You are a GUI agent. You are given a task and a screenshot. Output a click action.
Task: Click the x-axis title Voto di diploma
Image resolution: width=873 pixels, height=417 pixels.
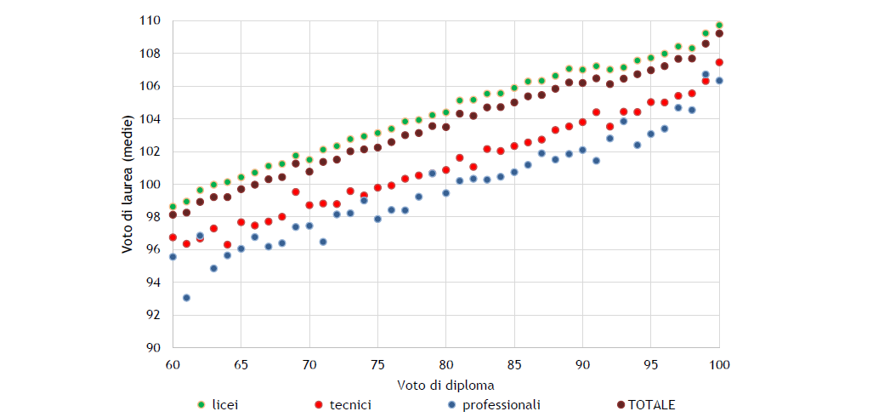click(445, 385)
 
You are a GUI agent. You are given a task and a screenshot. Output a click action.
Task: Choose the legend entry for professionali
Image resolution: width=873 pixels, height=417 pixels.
click(501, 405)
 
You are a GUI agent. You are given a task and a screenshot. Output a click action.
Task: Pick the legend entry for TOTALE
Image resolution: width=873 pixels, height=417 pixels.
click(651, 405)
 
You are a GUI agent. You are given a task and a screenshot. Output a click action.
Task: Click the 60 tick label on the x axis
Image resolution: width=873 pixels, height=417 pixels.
click(173, 364)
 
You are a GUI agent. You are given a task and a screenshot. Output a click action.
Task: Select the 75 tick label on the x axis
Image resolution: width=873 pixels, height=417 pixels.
click(377, 364)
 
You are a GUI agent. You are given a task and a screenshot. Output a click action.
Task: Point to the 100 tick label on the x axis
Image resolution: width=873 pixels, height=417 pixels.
click(719, 364)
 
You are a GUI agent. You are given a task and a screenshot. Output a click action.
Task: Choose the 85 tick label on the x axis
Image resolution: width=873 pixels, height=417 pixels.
click(514, 364)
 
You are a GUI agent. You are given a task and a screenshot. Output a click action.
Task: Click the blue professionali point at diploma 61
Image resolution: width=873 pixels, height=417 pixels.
click(186, 298)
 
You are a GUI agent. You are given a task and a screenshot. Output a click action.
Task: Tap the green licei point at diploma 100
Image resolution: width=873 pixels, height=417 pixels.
click(719, 26)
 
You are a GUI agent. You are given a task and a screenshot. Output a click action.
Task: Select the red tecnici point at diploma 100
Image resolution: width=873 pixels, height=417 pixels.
click(719, 62)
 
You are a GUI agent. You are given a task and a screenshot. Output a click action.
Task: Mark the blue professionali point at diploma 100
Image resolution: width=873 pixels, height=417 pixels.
click(719, 81)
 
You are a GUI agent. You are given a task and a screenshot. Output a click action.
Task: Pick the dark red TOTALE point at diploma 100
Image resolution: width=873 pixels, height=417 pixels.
click(719, 33)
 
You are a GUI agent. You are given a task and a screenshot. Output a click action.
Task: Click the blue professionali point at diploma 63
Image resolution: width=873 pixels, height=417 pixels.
click(213, 268)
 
